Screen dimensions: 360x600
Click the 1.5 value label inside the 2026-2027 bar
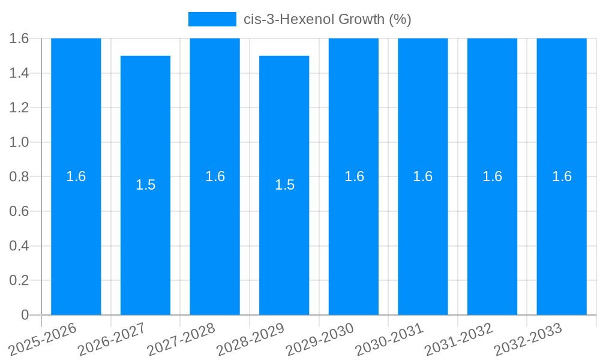coord(145,185)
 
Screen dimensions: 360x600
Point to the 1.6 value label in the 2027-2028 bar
coord(215,176)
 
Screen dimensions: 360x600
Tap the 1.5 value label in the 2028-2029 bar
coord(284,185)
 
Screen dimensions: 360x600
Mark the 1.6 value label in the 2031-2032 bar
coord(493,176)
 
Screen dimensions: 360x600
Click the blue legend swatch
coord(212,19)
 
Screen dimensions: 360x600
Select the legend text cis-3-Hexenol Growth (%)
coord(327,19)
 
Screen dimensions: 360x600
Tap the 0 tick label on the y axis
coord(25,315)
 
